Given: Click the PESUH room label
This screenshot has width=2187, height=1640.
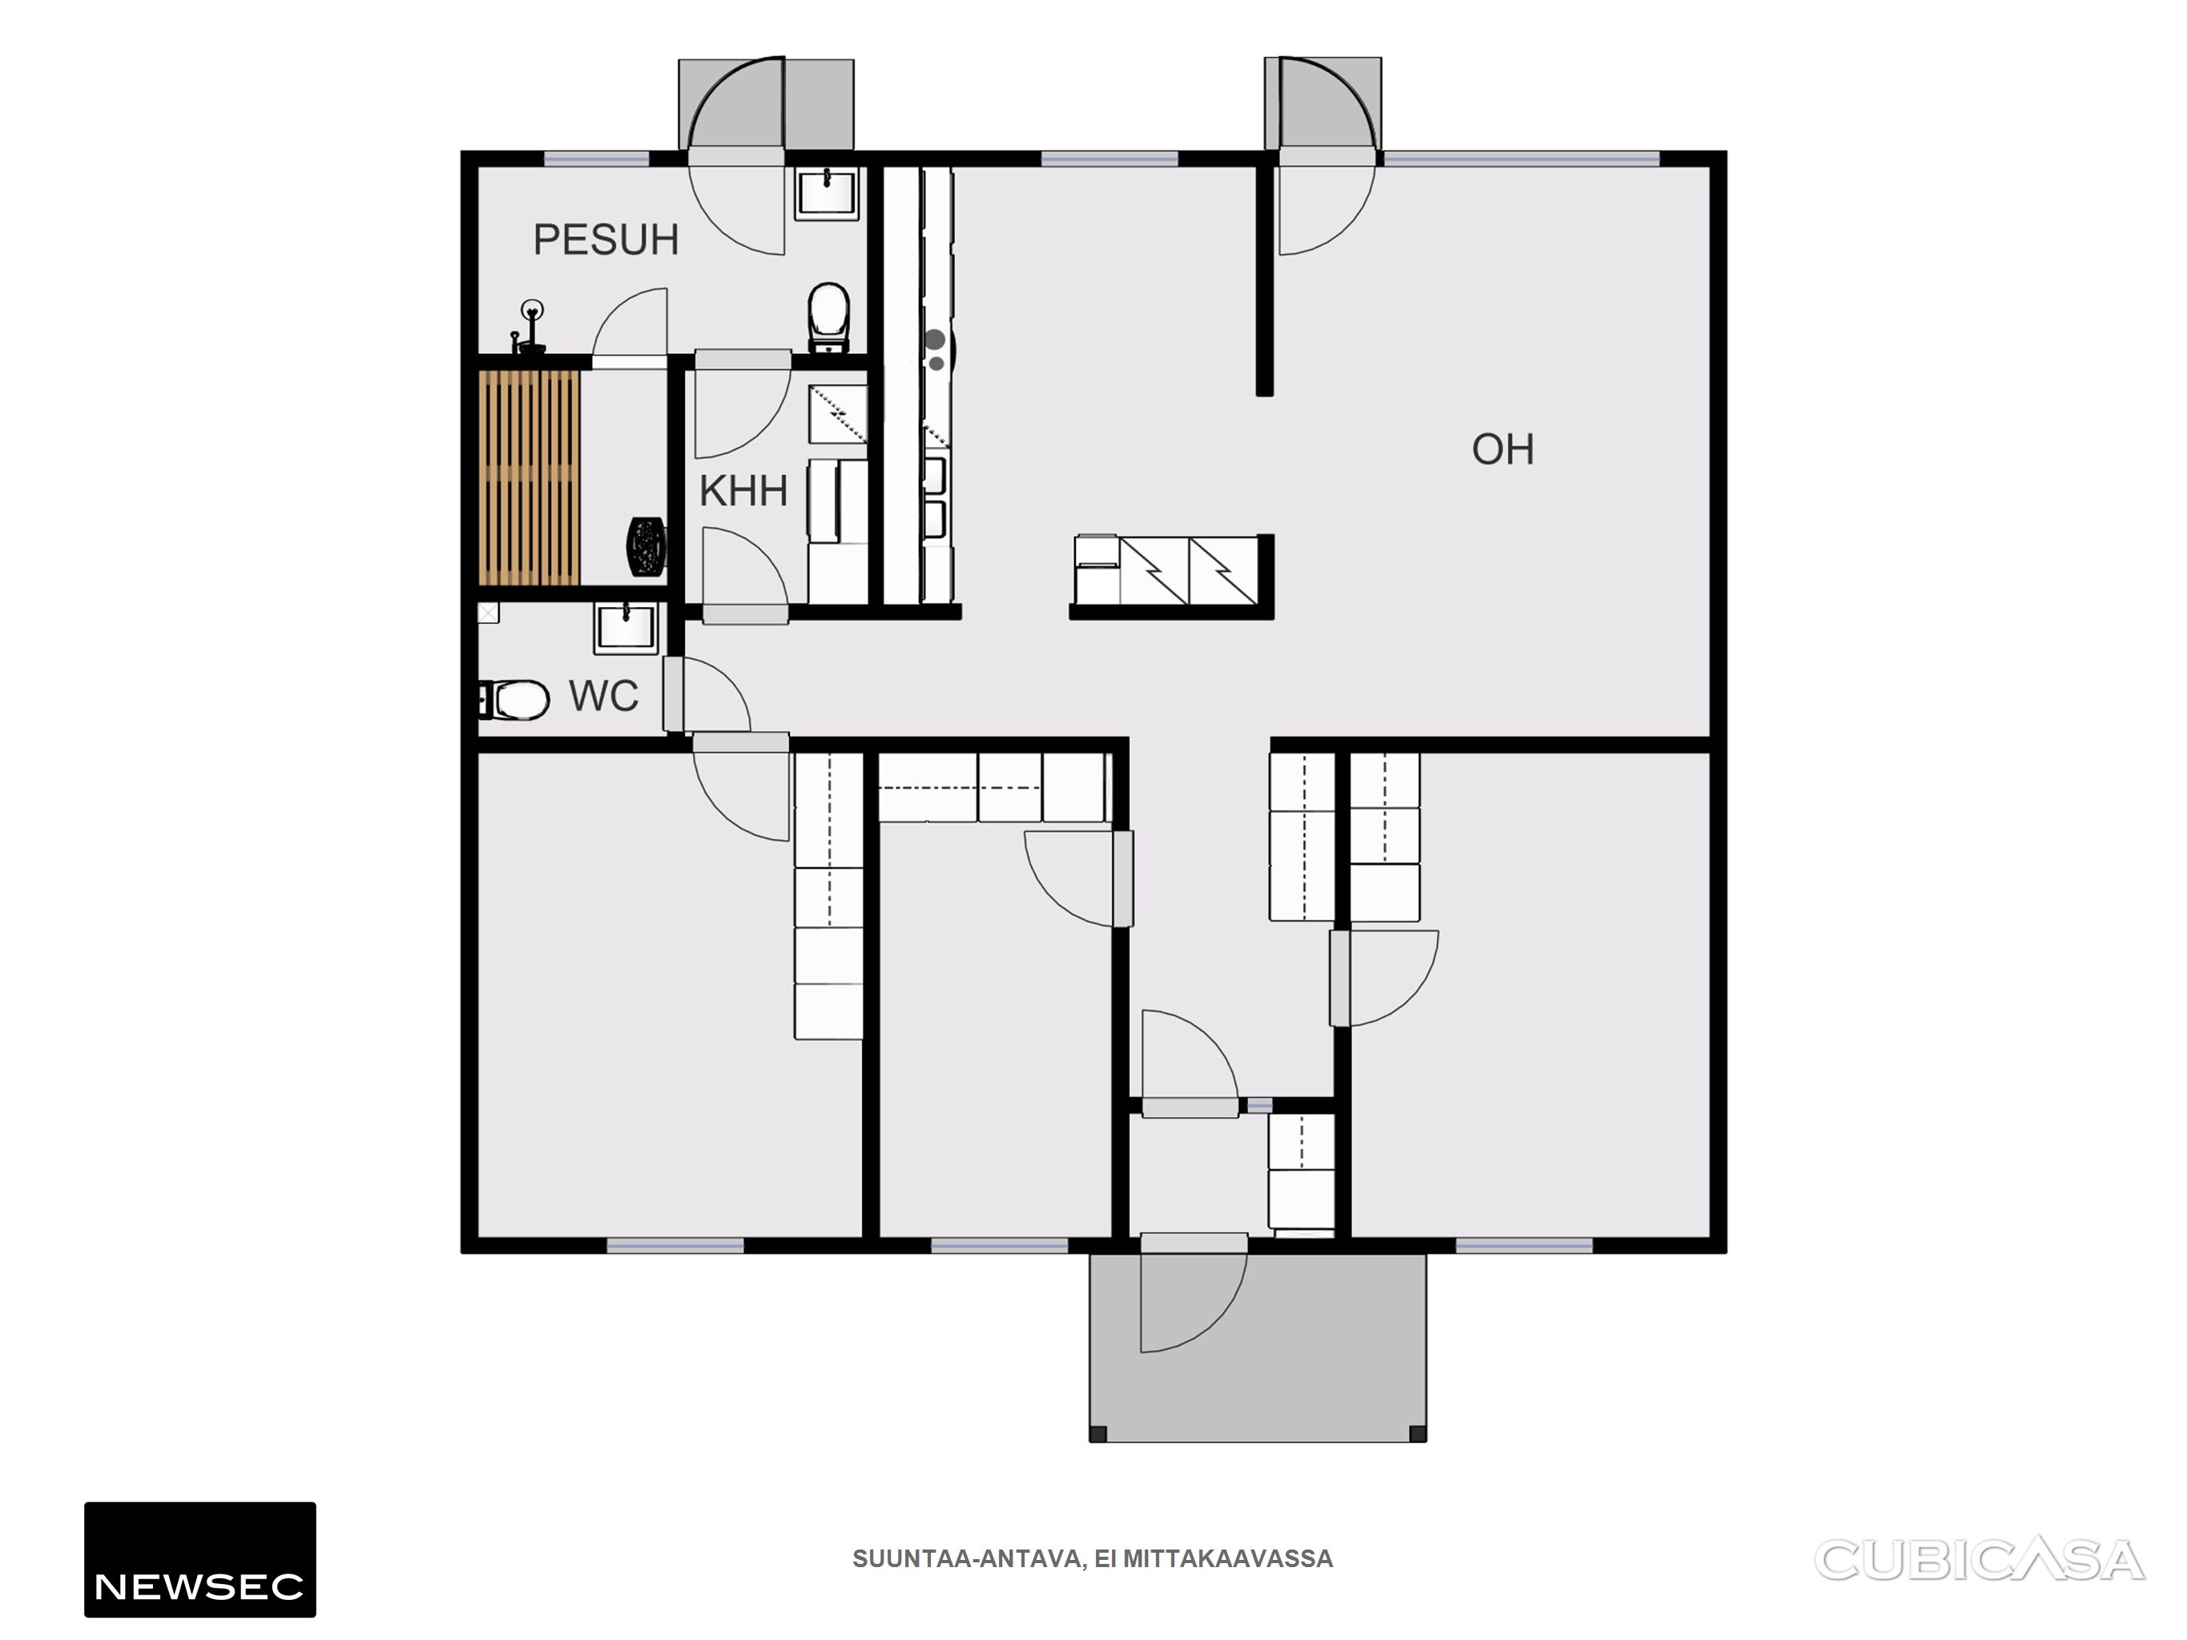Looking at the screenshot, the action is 606,240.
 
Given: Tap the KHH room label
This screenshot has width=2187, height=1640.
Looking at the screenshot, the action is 743,492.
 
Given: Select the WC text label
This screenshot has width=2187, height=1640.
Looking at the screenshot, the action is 603,696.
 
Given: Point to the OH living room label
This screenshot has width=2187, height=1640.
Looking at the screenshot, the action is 1503,450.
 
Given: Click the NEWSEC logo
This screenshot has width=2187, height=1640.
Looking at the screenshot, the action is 199,1560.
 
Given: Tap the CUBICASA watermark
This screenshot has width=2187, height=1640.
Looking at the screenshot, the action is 1980,1560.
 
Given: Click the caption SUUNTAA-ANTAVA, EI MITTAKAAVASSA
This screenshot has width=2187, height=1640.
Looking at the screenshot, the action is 1093,1559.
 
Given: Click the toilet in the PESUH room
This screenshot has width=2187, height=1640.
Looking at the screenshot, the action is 828,317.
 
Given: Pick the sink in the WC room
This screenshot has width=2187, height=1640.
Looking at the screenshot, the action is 626,629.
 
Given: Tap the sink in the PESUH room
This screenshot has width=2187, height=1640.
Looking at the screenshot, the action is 827,191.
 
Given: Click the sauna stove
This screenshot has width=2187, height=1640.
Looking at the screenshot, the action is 646,545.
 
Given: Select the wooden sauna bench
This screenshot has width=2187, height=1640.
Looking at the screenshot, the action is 529,477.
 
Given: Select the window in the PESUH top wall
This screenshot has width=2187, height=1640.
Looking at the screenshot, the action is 596,159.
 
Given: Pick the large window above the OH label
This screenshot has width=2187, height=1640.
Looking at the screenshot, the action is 1520,159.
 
